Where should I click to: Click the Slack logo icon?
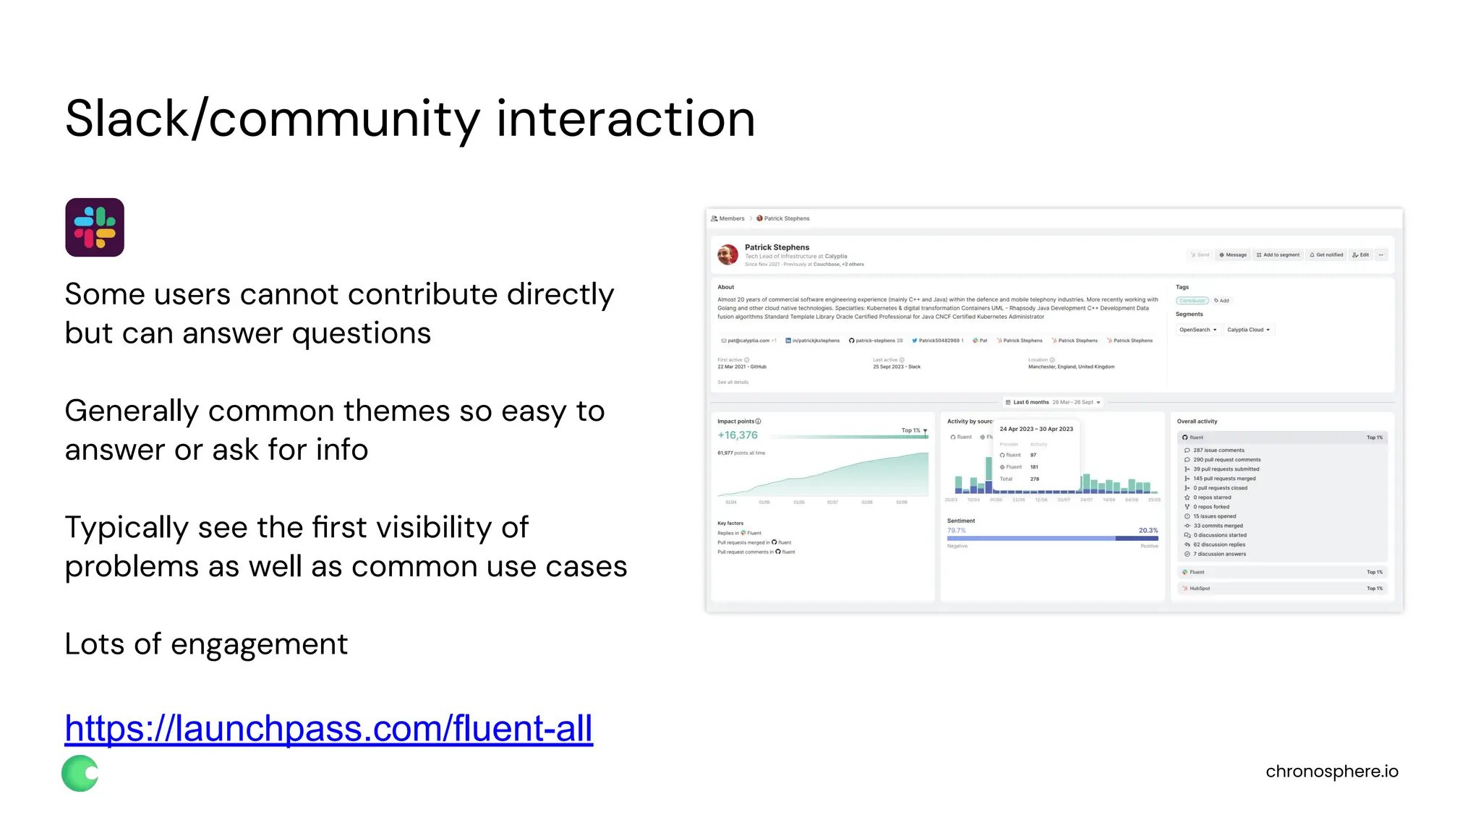(x=95, y=227)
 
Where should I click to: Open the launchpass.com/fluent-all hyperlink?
(x=328, y=728)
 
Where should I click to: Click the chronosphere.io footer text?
(x=1331, y=772)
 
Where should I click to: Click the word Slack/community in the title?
(x=272, y=119)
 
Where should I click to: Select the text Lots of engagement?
(x=206, y=644)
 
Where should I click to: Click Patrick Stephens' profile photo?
(x=727, y=255)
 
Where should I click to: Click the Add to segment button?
(x=1278, y=255)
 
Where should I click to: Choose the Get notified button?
(x=1326, y=255)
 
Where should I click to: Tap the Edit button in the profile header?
(x=1360, y=255)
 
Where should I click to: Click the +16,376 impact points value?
(x=738, y=435)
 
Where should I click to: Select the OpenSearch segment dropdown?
(x=1198, y=330)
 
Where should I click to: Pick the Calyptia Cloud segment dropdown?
(x=1248, y=330)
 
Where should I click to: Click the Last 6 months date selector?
(x=1053, y=402)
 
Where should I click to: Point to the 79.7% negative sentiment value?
(x=956, y=531)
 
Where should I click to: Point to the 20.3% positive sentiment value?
(x=1148, y=531)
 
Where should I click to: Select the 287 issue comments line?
(x=1218, y=450)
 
